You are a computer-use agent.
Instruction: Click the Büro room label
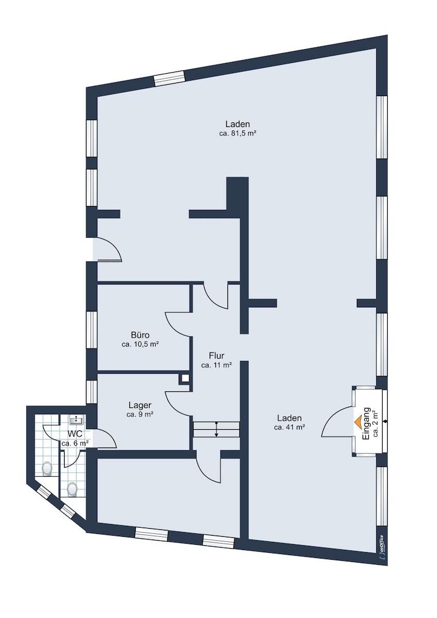click(x=140, y=335)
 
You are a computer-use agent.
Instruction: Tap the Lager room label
click(x=140, y=405)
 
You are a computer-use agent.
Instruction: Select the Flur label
click(x=216, y=356)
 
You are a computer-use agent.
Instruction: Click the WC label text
click(x=74, y=434)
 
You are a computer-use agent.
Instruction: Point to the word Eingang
click(x=367, y=423)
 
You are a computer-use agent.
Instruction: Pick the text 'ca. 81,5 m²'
click(x=238, y=133)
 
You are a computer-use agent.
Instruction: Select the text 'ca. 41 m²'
click(x=290, y=427)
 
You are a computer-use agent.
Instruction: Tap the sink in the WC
click(x=74, y=420)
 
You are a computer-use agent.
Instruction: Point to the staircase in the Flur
click(x=216, y=429)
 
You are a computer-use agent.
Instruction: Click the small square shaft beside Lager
click(x=185, y=379)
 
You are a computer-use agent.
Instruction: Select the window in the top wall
click(x=169, y=78)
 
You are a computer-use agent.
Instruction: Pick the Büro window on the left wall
click(x=92, y=330)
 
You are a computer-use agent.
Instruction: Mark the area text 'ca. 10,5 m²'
click(x=140, y=344)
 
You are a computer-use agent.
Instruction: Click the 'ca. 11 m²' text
click(x=216, y=365)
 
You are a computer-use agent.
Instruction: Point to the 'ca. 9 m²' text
click(x=140, y=414)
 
